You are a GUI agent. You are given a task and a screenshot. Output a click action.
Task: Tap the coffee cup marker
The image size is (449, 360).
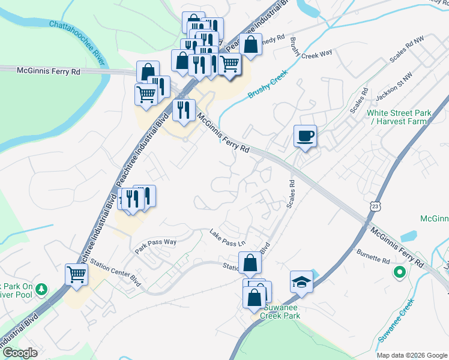(x=305, y=136)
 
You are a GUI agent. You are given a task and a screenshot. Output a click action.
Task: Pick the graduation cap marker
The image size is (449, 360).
(x=301, y=281)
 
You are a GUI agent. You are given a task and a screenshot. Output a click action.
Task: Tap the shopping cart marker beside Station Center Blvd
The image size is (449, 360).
(x=77, y=274)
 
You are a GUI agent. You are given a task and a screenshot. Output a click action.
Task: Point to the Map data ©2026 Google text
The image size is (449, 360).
(x=412, y=355)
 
